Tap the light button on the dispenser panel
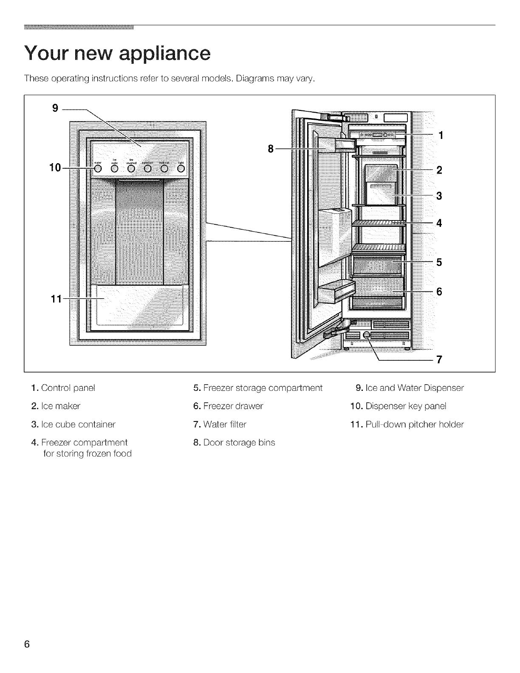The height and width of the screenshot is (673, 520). coord(181,169)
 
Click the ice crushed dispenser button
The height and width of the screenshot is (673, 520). coord(131,169)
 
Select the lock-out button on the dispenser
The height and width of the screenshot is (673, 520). coord(164,169)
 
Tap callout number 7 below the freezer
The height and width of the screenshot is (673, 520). coord(440,360)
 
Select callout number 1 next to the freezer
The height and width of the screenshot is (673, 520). coord(441,136)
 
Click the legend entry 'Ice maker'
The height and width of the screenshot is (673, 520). coord(61,406)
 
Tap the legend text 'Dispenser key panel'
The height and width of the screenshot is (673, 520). coord(405,406)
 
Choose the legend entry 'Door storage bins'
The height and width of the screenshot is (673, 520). coord(239,443)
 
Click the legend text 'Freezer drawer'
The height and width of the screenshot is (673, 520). coord(233,406)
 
